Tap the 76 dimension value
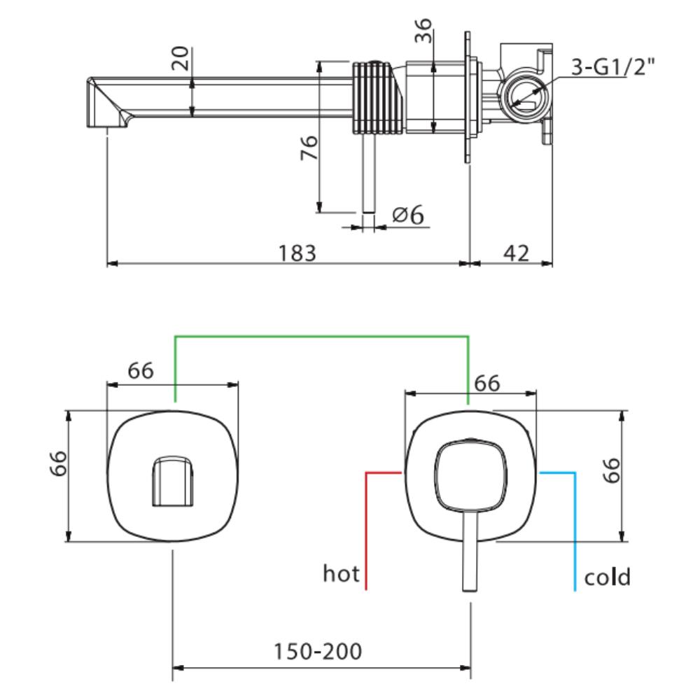pyautogui.click(x=309, y=148)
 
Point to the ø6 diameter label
pyautogui.click(x=409, y=215)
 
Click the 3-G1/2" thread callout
pyautogui.click(x=612, y=67)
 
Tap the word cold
pyautogui.click(x=607, y=577)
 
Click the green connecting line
pyautogui.click(x=322, y=337)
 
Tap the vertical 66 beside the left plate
pyautogui.click(x=59, y=463)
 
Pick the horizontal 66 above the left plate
pyautogui.click(x=140, y=371)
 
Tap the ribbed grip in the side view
pyautogui.click(x=377, y=96)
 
